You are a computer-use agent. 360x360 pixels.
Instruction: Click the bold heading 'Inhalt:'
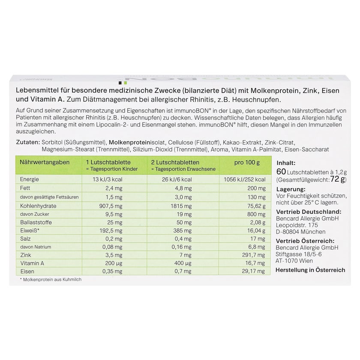pyautogui.click(x=286, y=163)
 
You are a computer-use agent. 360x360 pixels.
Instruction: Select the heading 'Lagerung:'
pyautogui.click(x=291, y=189)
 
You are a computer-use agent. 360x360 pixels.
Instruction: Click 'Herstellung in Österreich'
pyautogui.click(x=311, y=270)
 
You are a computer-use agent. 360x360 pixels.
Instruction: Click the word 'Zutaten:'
pyautogui.click(x=27, y=142)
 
